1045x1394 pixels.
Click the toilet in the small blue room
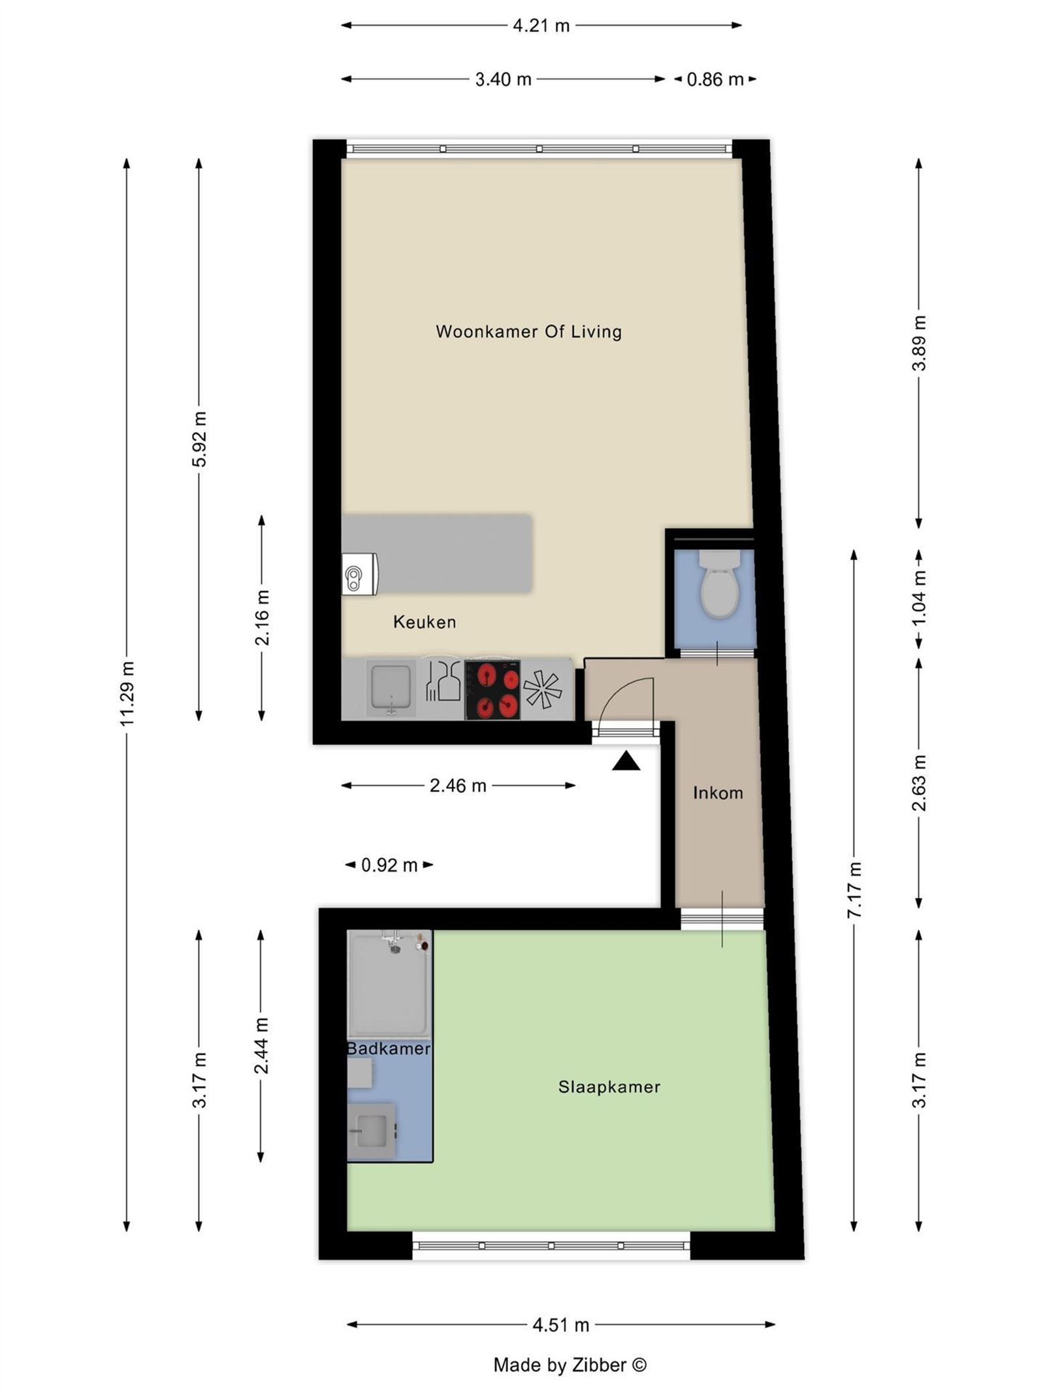(x=718, y=585)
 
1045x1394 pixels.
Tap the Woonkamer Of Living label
(x=528, y=331)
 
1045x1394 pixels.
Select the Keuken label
(x=424, y=622)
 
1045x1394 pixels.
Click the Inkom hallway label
(x=717, y=793)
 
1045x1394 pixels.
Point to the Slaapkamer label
(x=609, y=1086)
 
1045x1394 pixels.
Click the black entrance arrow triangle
(x=625, y=761)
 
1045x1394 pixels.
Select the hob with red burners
(x=492, y=690)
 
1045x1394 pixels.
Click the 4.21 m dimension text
(x=541, y=25)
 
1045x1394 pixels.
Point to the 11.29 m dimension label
(x=127, y=693)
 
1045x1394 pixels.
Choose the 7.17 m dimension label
(x=854, y=889)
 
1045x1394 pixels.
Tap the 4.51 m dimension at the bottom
(x=560, y=1325)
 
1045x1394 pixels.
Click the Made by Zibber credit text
(x=569, y=1365)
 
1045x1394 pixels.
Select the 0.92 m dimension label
(x=389, y=865)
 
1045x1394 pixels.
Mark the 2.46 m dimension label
(x=457, y=785)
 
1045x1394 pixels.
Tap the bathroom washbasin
(x=372, y=1131)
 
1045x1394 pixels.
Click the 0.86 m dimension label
(x=715, y=79)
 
